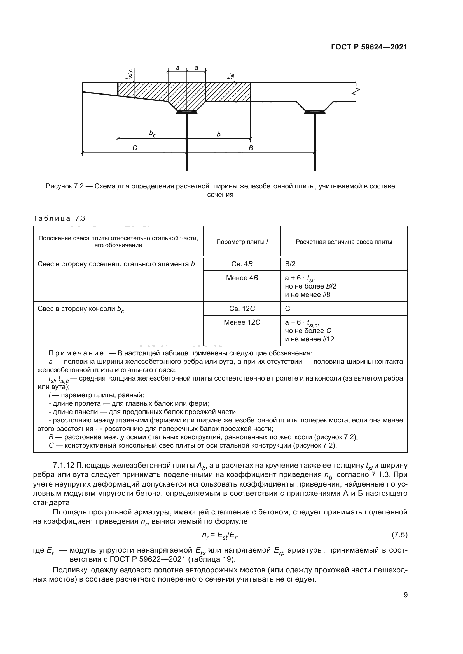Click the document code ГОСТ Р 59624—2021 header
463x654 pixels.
click(x=369, y=47)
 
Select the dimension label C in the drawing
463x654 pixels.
click(x=135, y=148)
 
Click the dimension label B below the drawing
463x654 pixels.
click(x=251, y=148)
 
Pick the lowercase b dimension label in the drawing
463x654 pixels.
click(x=219, y=134)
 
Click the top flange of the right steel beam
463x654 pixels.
click(x=315, y=113)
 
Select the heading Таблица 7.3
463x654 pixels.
click(x=59, y=218)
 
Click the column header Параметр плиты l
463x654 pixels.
click(x=242, y=242)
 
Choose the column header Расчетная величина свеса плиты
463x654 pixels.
click(x=344, y=242)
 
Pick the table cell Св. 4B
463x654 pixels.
click(x=242, y=264)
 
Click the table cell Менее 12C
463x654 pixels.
click(x=242, y=322)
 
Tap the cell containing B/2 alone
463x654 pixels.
click(x=290, y=264)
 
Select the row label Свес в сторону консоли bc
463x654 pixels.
click(x=81, y=309)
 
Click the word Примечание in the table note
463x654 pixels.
click(x=76, y=353)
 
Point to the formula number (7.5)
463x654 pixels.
click(x=399, y=535)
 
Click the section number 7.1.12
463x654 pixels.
click(x=63, y=466)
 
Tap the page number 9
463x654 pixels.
click(x=405, y=595)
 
